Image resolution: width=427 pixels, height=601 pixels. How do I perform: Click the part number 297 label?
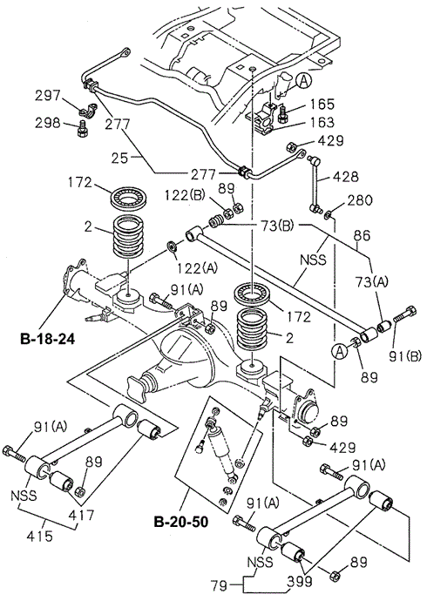(x=48, y=96)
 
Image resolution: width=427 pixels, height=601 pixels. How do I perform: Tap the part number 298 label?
(x=48, y=123)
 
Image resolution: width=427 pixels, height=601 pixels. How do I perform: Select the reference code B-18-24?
(x=48, y=339)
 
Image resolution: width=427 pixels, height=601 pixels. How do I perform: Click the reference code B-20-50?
(x=181, y=522)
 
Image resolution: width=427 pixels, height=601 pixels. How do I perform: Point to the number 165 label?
(x=322, y=104)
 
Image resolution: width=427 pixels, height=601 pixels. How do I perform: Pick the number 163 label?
(x=322, y=122)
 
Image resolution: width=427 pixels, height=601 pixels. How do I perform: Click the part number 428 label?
(x=345, y=177)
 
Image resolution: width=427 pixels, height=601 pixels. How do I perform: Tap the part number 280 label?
(x=360, y=200)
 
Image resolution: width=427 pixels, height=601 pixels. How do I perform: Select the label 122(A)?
(x=198, y=268)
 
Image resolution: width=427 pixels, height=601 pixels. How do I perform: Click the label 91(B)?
(x=405, y=356)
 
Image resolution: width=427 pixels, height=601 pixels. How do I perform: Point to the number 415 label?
(x=40, y=536)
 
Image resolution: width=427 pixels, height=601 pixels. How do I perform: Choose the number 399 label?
(x=300, y=582)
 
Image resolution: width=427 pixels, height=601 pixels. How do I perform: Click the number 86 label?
(x=363, y=235)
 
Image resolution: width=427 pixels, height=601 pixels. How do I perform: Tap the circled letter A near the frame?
(x=304, y=81)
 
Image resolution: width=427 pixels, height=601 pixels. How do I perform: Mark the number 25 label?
(x=119, y=158)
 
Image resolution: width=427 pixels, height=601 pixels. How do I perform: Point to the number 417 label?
(x=83, y=515)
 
